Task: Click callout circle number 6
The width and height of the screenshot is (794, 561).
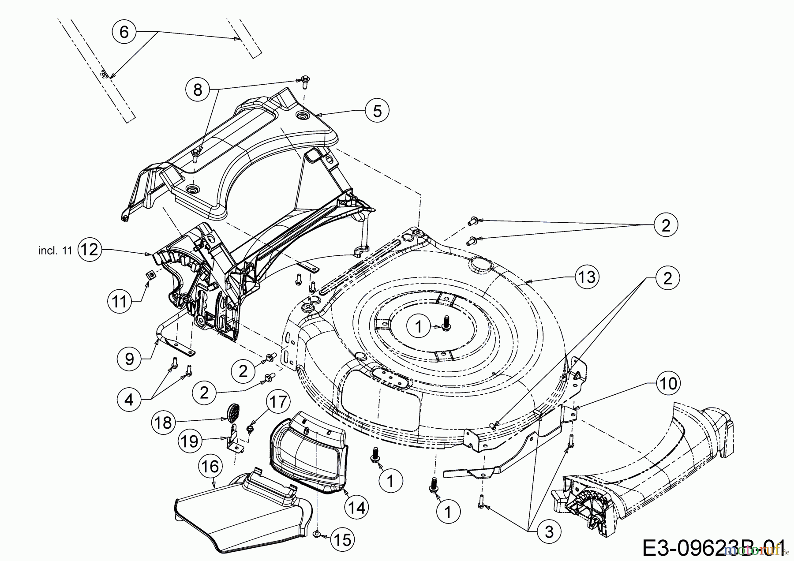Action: tap(124, 32)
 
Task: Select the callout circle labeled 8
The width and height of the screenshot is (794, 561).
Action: tap(198, 90)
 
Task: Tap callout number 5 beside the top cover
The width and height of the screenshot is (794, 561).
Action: tap(377, 111)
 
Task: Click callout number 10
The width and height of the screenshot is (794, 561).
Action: tap(668, 383)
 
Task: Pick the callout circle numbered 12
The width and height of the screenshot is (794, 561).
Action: tap(90, 250)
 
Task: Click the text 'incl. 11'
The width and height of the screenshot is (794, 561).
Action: tap(55, 251)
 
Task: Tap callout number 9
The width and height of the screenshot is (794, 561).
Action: tap(129, 359)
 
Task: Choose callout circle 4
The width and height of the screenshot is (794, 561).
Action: tap(129, 400)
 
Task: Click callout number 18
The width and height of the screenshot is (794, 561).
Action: tap(163, 423)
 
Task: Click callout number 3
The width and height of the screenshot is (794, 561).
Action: tap(549, 531)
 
